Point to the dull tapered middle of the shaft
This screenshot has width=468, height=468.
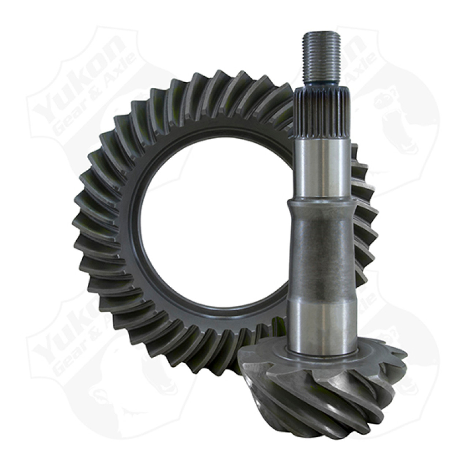[320, 249]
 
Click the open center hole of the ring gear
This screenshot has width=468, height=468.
[216, 234]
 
